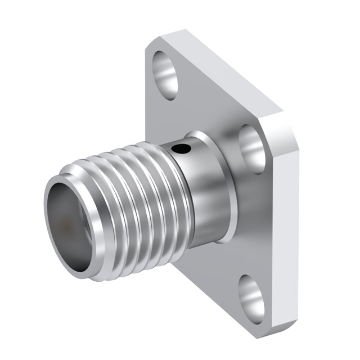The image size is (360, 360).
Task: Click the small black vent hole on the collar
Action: pyautogui.click(x=181, y=150)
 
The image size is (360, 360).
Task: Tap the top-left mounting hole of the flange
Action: pyautogui.click(x=164, y=70)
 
